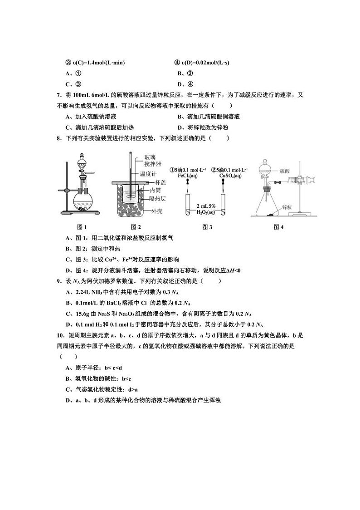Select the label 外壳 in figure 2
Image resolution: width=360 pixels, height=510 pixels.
click(x=157, y=211)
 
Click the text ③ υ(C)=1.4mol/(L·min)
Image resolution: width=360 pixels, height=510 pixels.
click(x=95, y=63)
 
